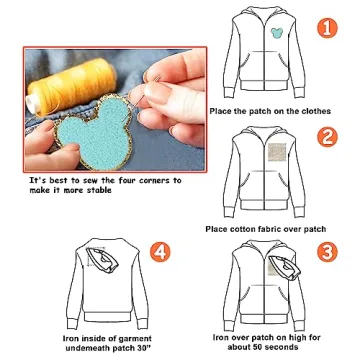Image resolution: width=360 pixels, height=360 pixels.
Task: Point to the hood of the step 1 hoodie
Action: pyautogui.click(x=262, y=20)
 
